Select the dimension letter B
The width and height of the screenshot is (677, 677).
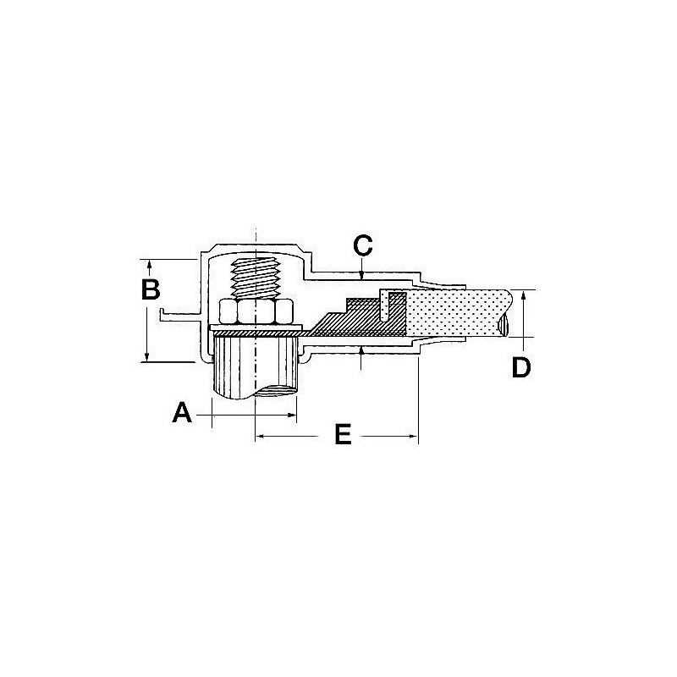tap(150, 289)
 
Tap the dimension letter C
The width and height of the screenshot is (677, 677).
tap(362, 246)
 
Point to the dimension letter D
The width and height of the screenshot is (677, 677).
tap(522, 366)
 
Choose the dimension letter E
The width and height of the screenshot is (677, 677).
tap(342, 435)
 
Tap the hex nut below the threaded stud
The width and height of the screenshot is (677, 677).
tap(256, 312)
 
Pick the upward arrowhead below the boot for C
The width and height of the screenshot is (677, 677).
tap(362, 350)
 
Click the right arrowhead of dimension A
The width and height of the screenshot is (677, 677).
tap(293, 415)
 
